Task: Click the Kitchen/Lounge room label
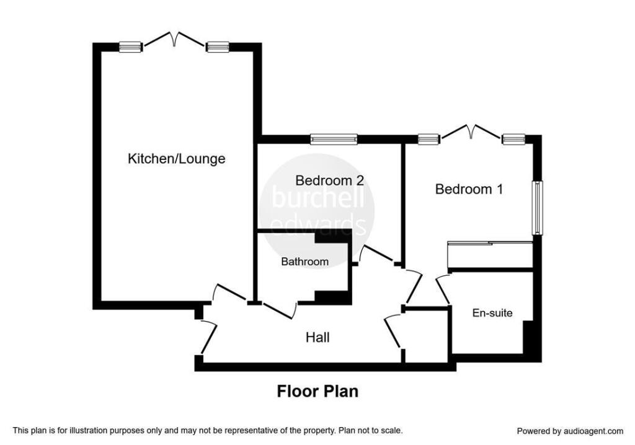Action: point(177,158)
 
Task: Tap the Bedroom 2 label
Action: point(330,180)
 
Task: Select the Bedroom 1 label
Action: point(469,189)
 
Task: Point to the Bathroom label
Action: point(304,262)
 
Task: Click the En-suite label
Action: point(492,312)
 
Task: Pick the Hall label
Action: point(317,337)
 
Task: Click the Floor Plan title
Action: point(317,392)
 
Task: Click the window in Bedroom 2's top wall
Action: point(334,139)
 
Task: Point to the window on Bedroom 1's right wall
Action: point(538,208)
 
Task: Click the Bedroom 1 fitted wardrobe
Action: point(490,255)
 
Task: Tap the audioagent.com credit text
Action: point(571,431)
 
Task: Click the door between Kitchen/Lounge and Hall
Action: point(229,293)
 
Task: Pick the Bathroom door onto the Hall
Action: point(280,310)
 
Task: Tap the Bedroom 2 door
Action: point(376,254)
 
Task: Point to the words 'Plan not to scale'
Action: point(371,430)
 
